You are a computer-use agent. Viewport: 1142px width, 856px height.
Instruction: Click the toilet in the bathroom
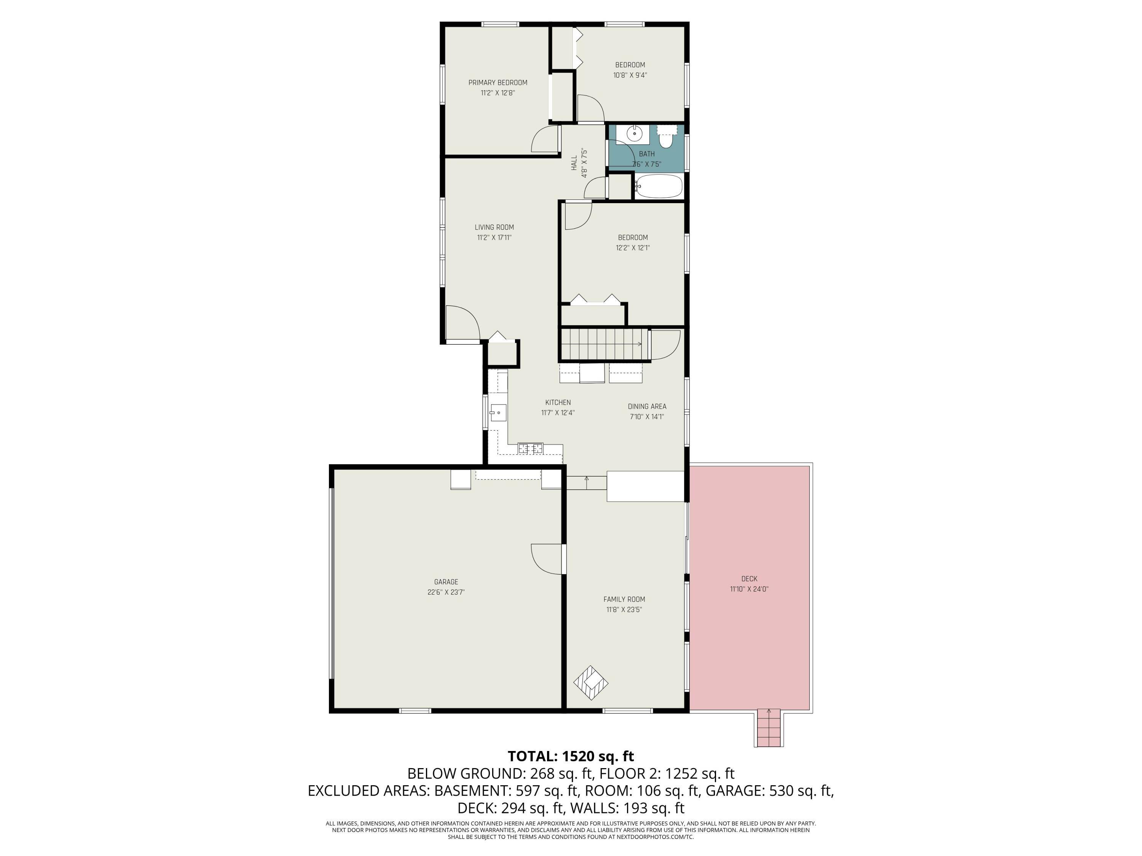(x=667, y=137)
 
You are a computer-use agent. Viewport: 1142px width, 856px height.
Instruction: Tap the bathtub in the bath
(x=659, y=186)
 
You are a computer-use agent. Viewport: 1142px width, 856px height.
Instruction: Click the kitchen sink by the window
(x=498, y=413)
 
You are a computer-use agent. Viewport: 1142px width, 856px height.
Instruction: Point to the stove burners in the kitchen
(x=531, y=449)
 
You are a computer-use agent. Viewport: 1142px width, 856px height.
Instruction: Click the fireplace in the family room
(x=591, y=683)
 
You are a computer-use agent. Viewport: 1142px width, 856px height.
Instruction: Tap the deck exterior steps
(x=769, y=728)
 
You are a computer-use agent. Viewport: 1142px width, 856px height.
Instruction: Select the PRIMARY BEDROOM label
(x=498, y=83)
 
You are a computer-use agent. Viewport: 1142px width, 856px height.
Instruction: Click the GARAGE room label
(x=446, y=582)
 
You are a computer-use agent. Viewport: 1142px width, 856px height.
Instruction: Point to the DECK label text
(x=749, y=579)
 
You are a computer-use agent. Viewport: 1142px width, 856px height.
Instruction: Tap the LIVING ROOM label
(x=494, y=227)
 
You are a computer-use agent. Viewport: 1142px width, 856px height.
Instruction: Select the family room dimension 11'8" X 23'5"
(x=624, y=609)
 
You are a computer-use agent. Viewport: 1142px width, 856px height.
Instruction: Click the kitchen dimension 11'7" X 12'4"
(x=558, y=413)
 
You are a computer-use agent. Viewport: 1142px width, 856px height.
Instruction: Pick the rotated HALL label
(x=574, y=163)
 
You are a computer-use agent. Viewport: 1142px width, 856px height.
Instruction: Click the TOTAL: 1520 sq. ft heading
(x=571, y=756)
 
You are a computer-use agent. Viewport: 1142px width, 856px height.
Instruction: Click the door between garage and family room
(x=548, y=559)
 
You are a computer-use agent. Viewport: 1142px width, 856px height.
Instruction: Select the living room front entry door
(x=463, y=323)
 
